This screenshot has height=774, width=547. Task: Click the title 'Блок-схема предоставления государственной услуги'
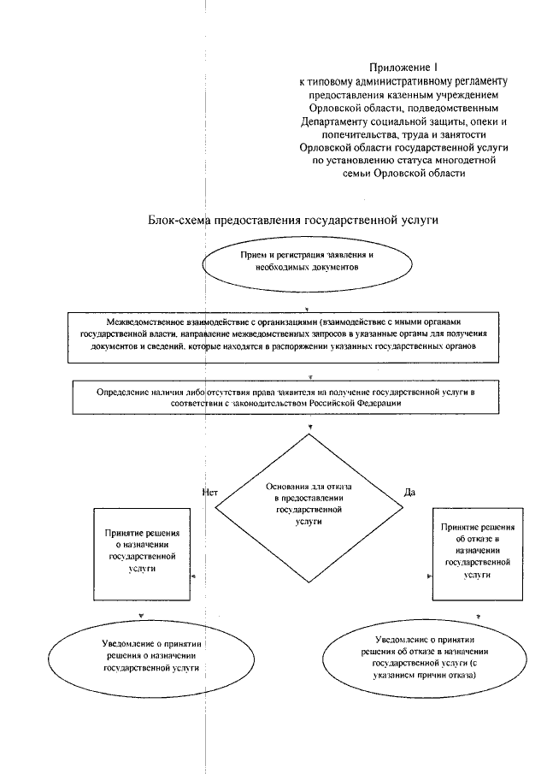[293, 220]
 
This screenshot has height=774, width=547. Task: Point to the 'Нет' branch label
[210, 492]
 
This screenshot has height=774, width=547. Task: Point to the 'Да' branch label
[409, 492]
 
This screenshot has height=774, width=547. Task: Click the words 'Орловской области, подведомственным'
[402, 109]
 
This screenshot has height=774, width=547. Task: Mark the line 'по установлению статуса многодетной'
[402, 160]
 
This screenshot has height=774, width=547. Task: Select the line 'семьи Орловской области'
[402, 173]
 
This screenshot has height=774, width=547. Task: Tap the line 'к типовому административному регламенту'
[402, 81]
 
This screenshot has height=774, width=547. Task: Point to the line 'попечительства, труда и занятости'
[402, 134]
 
